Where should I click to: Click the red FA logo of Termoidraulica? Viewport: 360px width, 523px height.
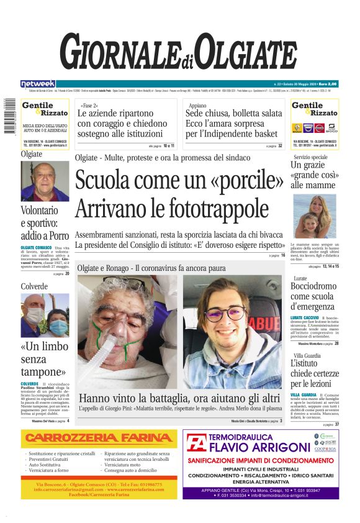point(197,444)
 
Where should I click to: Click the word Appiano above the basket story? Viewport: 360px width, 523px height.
point(198,106)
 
